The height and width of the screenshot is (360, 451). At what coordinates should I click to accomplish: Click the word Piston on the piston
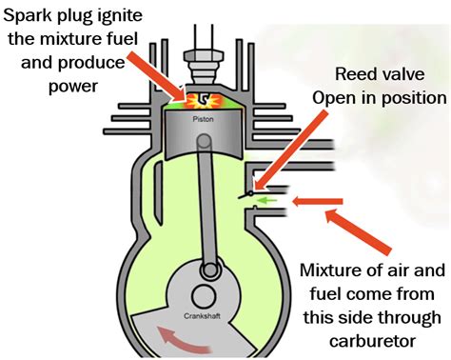click(203, 119)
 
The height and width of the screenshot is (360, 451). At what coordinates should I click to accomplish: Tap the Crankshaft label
click(202, 316)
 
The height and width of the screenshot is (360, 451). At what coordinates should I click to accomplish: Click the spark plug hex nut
click(203, 56)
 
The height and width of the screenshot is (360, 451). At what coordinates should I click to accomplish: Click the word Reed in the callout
click(352, 74)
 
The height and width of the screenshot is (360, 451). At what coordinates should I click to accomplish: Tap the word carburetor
click(372, 341)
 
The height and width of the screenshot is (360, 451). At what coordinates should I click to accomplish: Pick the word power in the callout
click(73, 87)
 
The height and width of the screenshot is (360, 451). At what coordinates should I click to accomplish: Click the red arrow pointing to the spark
click(157, 75)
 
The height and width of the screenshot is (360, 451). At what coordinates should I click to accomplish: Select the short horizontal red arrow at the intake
click(318, 201)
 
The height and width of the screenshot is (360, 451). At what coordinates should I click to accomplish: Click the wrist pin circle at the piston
click(205, 140)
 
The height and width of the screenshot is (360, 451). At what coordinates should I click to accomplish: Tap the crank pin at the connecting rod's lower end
click(209, 270)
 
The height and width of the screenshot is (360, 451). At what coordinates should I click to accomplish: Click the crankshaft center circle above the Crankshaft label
click(203, 296)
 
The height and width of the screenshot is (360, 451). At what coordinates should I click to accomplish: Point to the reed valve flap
click(245, 195)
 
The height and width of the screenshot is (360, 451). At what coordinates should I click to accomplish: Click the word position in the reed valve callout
click(413, 99)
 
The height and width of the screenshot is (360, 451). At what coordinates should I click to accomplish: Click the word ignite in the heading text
click(124, 16)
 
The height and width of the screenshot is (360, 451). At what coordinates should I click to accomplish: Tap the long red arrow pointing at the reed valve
click(291, 150)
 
